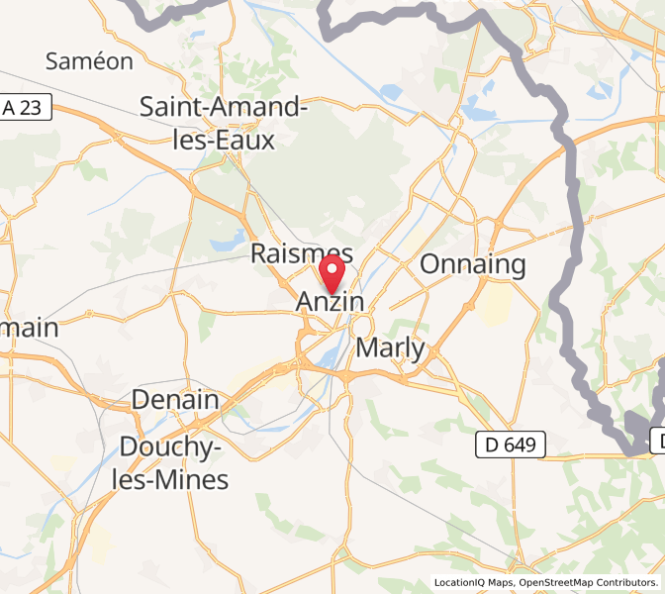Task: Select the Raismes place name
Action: point(301,253)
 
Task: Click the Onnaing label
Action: point(473,264)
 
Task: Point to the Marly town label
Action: point(390,348)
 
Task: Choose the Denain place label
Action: point(175,401)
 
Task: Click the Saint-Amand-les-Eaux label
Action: point(223,123)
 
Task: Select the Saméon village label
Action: point(89,61)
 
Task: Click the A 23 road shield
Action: point(24,107)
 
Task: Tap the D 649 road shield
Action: point(510,445)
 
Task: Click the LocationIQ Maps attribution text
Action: point(473,583)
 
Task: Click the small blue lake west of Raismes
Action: point(227,239)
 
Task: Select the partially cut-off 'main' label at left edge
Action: point(29,327)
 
